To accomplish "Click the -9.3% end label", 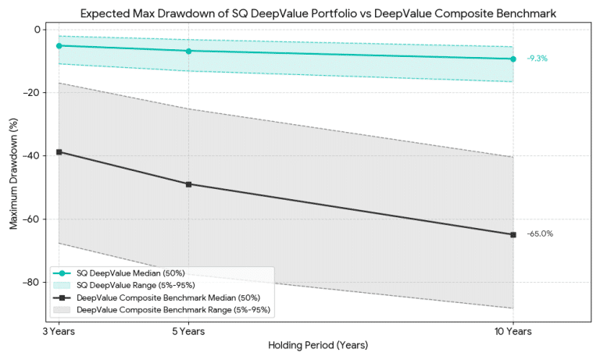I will [x=537, y=59].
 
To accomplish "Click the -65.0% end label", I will [x=540, y=234].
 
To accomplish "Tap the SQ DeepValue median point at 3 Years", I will [x=59, y=45].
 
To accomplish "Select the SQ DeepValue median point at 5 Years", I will [x=188, y=51].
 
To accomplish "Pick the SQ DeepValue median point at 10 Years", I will [x=512, y=59].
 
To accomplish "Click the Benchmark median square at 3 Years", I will [x=59, y=151].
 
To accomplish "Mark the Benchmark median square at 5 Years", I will [x=188, y=184].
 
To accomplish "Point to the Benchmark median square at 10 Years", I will [x=512, y=234].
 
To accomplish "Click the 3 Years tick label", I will [x=59, y=331].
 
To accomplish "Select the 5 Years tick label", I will [x=188, y=331].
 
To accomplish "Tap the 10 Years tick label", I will [x=512, y=331].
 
